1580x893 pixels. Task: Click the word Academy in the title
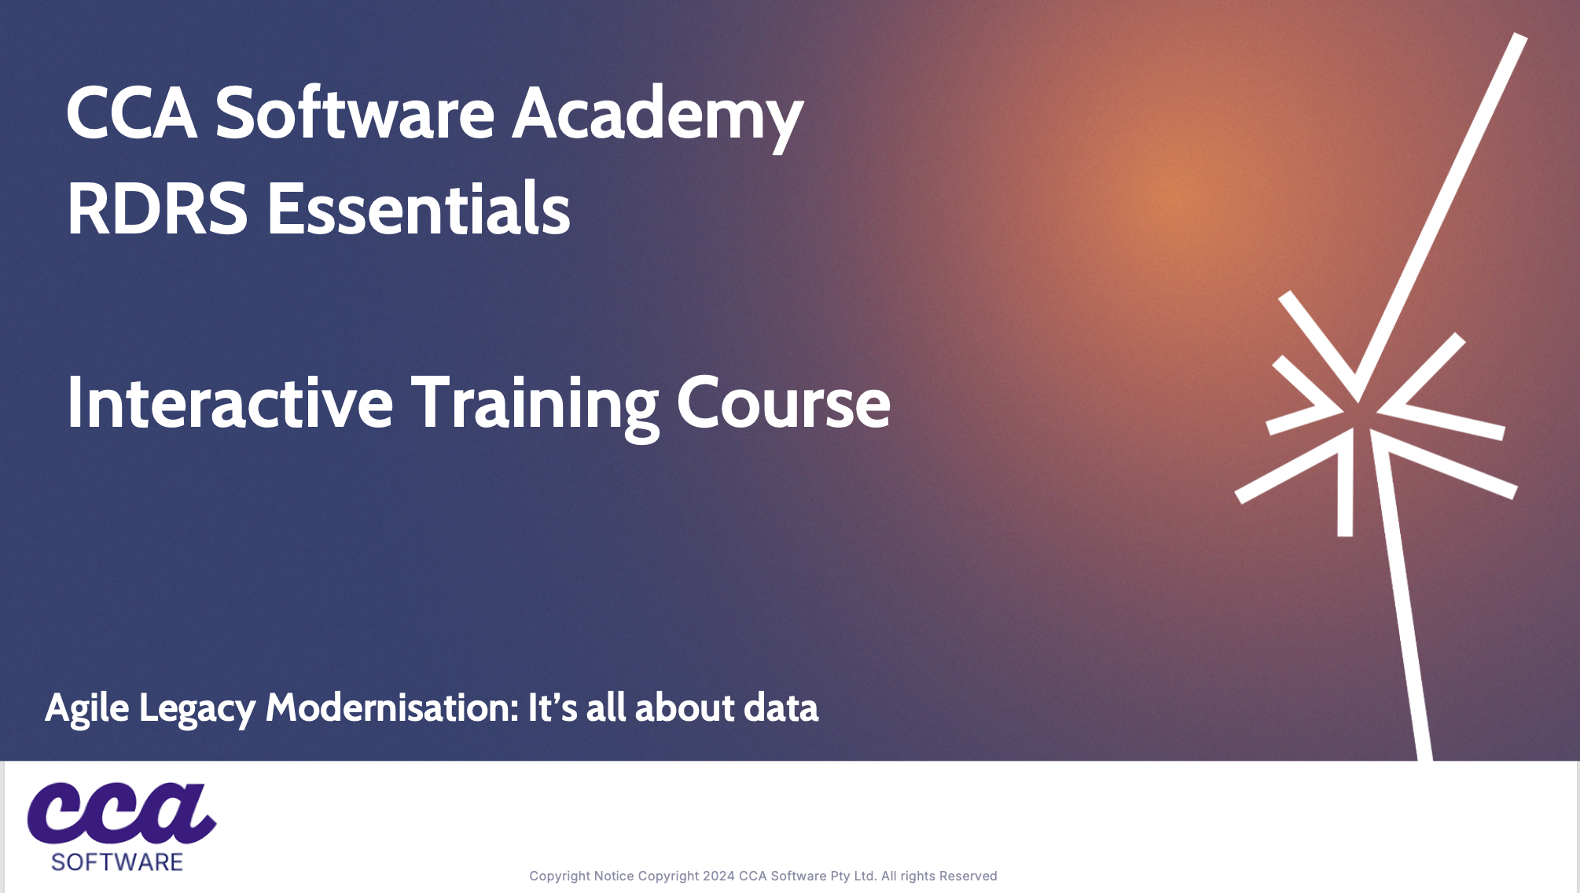click(657, 116)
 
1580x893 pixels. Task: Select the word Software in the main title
click(355, 113)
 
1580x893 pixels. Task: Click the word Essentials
click(419, 208)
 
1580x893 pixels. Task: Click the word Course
click(783, 403)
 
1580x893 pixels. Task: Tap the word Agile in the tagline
click(86, 709)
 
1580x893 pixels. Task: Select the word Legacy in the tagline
click(197, 709)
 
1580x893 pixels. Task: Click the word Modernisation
click(392, 707)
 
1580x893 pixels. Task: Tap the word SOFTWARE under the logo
click(117, 862)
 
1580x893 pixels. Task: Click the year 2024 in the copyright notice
click(718, 876)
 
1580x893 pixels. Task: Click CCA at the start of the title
click(132, 113)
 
